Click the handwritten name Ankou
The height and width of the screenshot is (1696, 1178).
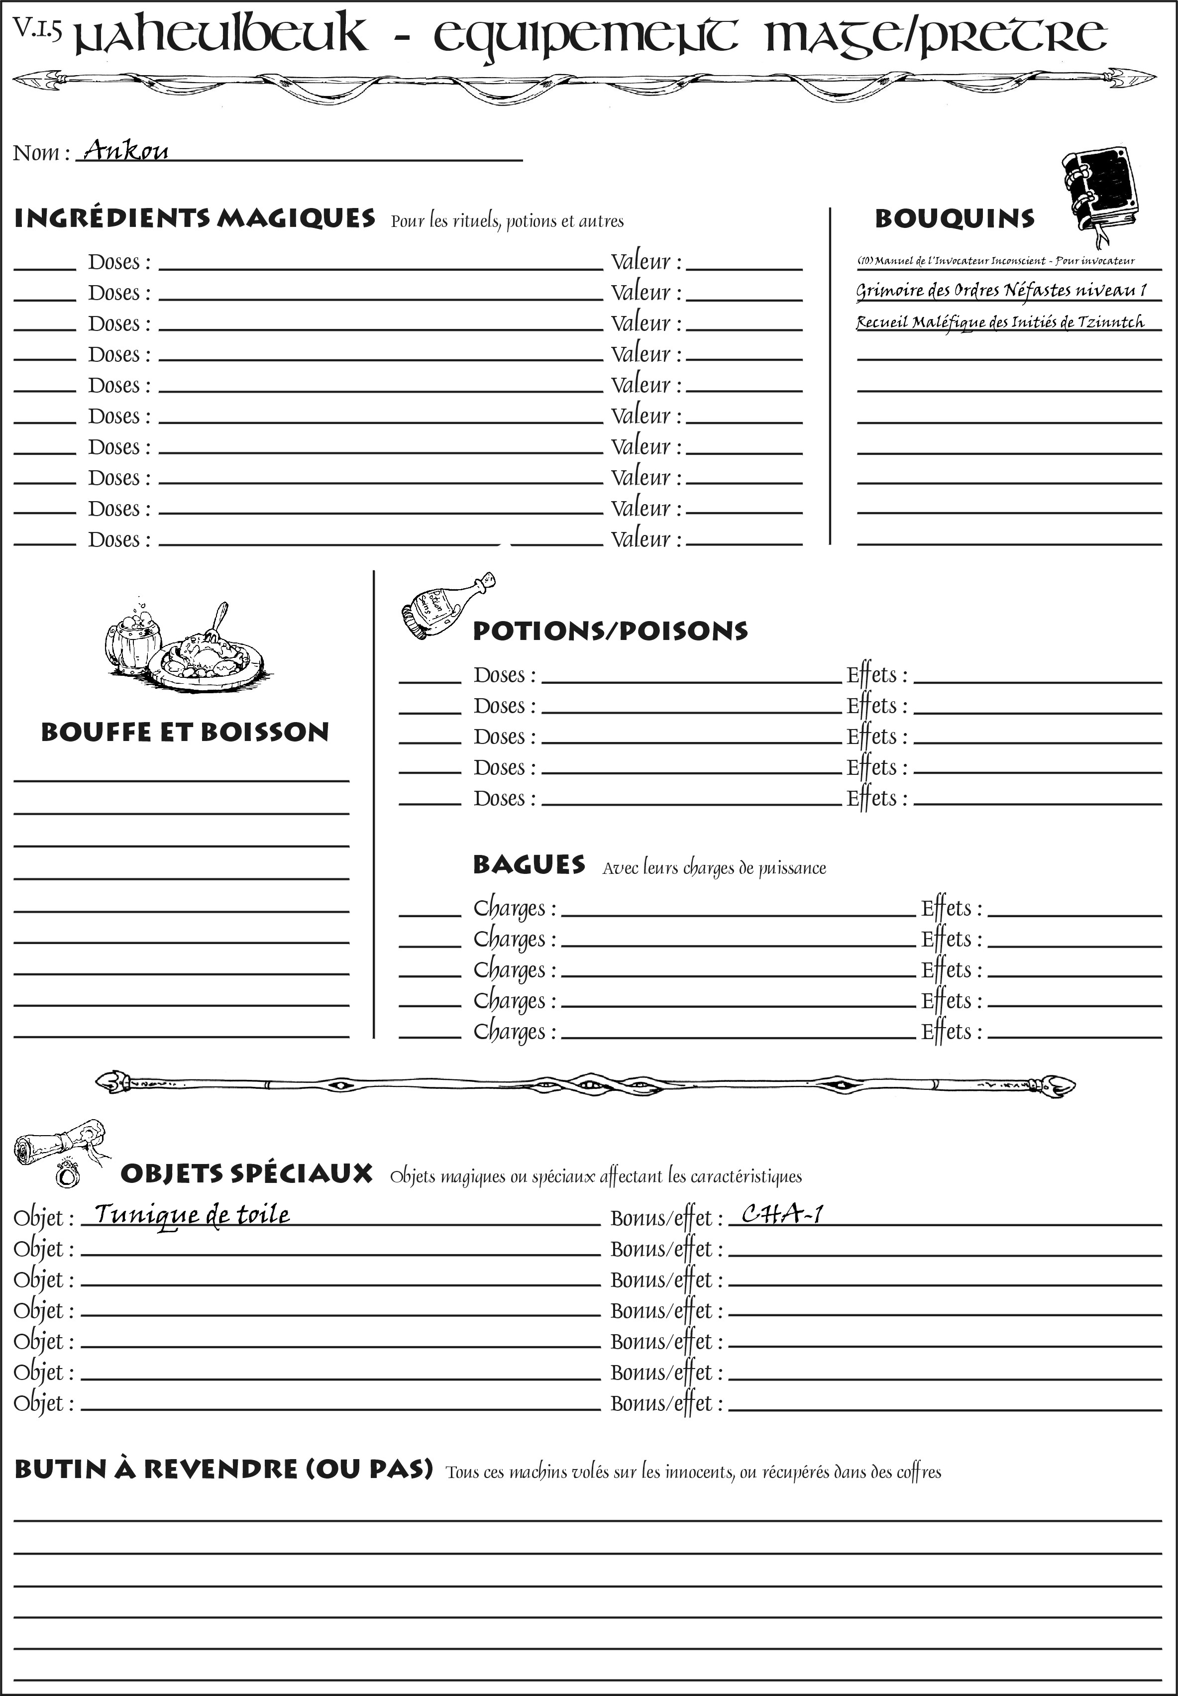coord(125,151)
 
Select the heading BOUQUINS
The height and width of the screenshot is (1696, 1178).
coord(955,218)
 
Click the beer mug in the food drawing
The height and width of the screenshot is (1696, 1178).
coord(133,639)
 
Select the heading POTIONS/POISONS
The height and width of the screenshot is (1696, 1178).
coord(610,631)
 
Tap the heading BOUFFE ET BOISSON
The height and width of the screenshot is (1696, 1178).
coord(185,732)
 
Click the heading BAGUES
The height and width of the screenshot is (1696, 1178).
coord(529,864)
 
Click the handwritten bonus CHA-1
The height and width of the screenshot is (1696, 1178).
coord(781,1214)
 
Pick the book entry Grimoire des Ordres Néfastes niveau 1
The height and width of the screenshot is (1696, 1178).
coord(1001,290)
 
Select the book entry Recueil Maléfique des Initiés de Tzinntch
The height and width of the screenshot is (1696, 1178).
coord(1000,322)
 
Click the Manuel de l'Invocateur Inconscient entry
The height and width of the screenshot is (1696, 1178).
coord(996,261)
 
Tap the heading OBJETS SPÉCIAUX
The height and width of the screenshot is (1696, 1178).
coord(246,1173)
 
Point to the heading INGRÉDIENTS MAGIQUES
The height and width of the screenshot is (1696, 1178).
coord(194,218)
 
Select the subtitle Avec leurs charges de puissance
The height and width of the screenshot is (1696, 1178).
coord(714,868)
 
